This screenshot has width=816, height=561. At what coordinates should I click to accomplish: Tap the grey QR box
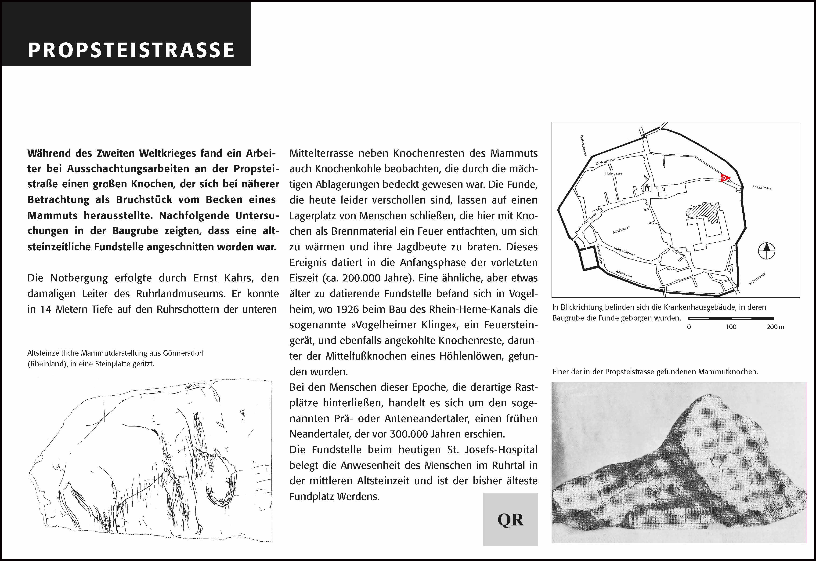(510, 519)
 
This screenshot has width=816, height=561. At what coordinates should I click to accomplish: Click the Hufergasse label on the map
(614, 173)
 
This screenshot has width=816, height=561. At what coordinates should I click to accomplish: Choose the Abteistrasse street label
(621, 230)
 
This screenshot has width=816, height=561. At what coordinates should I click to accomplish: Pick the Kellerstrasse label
(757, 278)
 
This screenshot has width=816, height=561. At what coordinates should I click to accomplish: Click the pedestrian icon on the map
(647, 188)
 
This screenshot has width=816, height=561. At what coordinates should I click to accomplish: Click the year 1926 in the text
(347, 309)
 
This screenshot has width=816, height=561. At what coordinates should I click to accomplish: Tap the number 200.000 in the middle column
(362, 278)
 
